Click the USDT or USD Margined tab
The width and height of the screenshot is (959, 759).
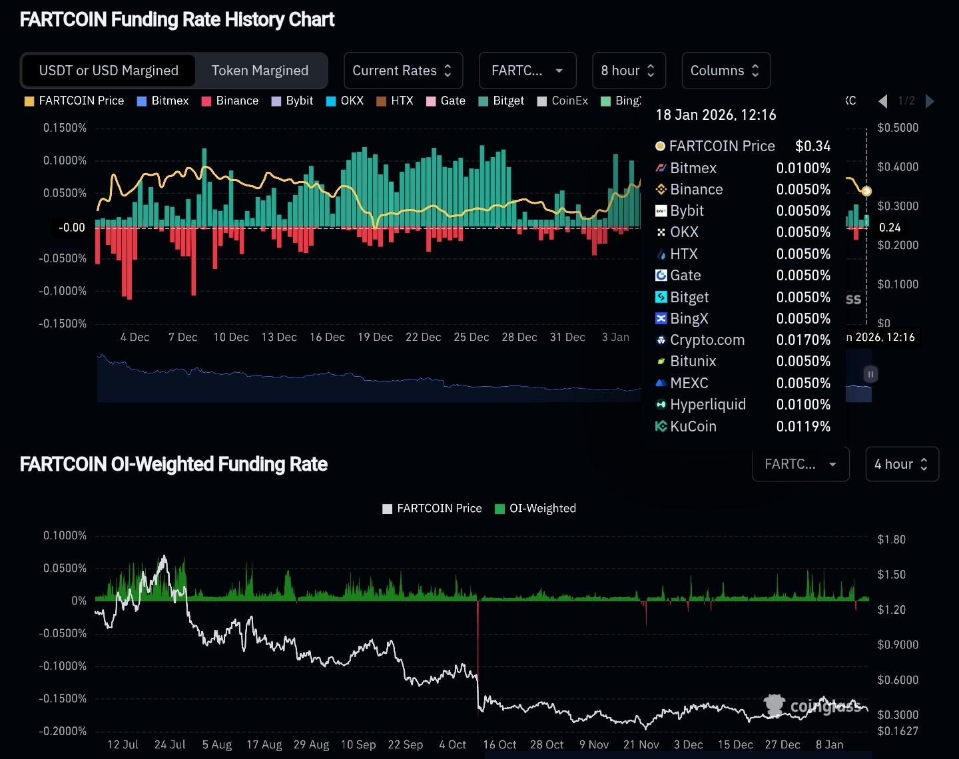(109, 71)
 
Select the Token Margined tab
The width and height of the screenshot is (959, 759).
(260, 71)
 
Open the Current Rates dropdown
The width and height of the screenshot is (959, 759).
(402, 71)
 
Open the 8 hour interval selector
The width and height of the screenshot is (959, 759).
(628, 71)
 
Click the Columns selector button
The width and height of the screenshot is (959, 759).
(725, 71)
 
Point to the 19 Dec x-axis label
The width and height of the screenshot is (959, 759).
(375, 337)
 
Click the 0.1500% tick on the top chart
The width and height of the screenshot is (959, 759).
(65, 128)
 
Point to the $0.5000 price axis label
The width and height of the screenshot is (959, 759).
(898, 128)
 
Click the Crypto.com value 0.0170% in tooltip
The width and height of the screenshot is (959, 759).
(803, 340)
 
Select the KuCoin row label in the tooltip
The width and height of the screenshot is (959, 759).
(693, 426)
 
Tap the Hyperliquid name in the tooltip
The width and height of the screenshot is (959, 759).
(707, 405)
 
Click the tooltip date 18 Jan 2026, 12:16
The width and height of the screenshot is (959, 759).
(716, 115)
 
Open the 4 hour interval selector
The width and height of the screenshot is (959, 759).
(901, 464)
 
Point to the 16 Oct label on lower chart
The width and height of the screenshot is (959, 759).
(499, 744)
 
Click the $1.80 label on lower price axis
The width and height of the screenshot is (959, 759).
(891, 539)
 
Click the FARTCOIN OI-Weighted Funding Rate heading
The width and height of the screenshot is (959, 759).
(174, 464)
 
